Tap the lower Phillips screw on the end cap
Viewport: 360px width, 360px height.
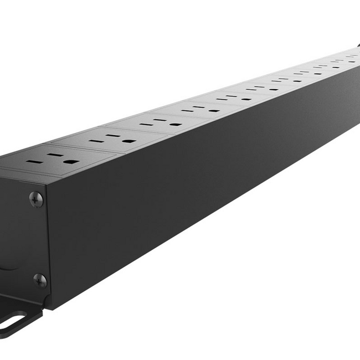[x=39, y=280]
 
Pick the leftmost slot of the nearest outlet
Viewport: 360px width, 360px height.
[x=31, y=163]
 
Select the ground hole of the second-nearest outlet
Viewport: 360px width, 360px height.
[x=129, y=141]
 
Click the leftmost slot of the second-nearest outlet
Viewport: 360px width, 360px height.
[x=95, y=142]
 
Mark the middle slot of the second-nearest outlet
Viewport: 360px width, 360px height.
[x=114, y=136]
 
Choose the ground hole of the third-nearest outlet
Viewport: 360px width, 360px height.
[x=176, y=124]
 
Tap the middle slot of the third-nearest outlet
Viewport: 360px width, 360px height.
[x=162, y=120]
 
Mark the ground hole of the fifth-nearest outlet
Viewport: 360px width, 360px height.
[x=245, y=99]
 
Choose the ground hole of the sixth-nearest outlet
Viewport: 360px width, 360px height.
[x=272, y=90]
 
